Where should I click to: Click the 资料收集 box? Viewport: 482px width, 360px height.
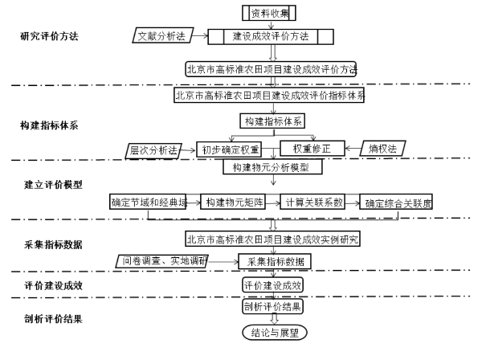click(271, 13)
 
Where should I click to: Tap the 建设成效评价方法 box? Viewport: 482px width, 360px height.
click(271, 36)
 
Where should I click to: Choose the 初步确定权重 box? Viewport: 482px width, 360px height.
click(230, 149)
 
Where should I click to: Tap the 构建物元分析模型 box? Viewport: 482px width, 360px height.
click(272, 168)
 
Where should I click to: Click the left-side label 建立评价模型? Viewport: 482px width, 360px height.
click(53, 184)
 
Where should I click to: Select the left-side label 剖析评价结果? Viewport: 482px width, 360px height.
click(53, 318)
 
